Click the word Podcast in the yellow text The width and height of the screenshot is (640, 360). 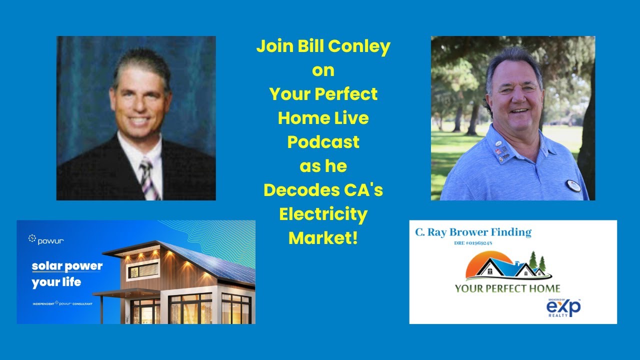(x=323, y=142)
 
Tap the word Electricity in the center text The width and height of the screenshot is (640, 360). (x=323, y=214)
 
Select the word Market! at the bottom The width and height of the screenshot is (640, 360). (x=323, y=238)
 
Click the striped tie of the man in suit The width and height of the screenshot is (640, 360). (x=148, y=178)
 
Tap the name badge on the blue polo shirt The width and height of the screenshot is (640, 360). (x=573, y=185)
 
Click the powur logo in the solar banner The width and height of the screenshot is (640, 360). (x=46, y=240)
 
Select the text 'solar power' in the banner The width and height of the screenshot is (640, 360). (x=67, y=266)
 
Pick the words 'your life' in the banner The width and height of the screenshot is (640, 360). (x=56, y=282)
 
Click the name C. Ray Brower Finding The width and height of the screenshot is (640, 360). (x=473, y=232)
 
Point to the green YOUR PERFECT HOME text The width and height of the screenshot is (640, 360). (x=507, y=288)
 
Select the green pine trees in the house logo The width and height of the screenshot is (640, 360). (x=536, y=262)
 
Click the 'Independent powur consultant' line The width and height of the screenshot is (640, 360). (x=62, y=303)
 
